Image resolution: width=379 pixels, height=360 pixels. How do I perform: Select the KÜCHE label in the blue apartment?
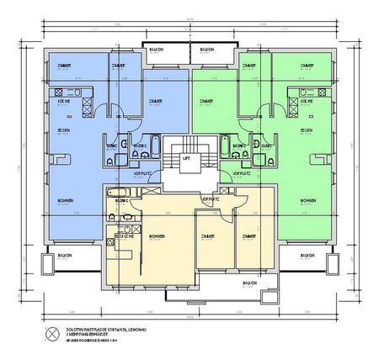tap(62, 100)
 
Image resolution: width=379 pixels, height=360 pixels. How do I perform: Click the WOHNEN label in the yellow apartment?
tap(156, 236)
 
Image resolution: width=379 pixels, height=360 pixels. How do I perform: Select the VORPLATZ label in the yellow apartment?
tap(212, 199)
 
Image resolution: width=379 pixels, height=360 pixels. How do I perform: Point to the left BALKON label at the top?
tap(157, 49)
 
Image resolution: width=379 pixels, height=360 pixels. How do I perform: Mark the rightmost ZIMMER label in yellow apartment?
tap(248, 236)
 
